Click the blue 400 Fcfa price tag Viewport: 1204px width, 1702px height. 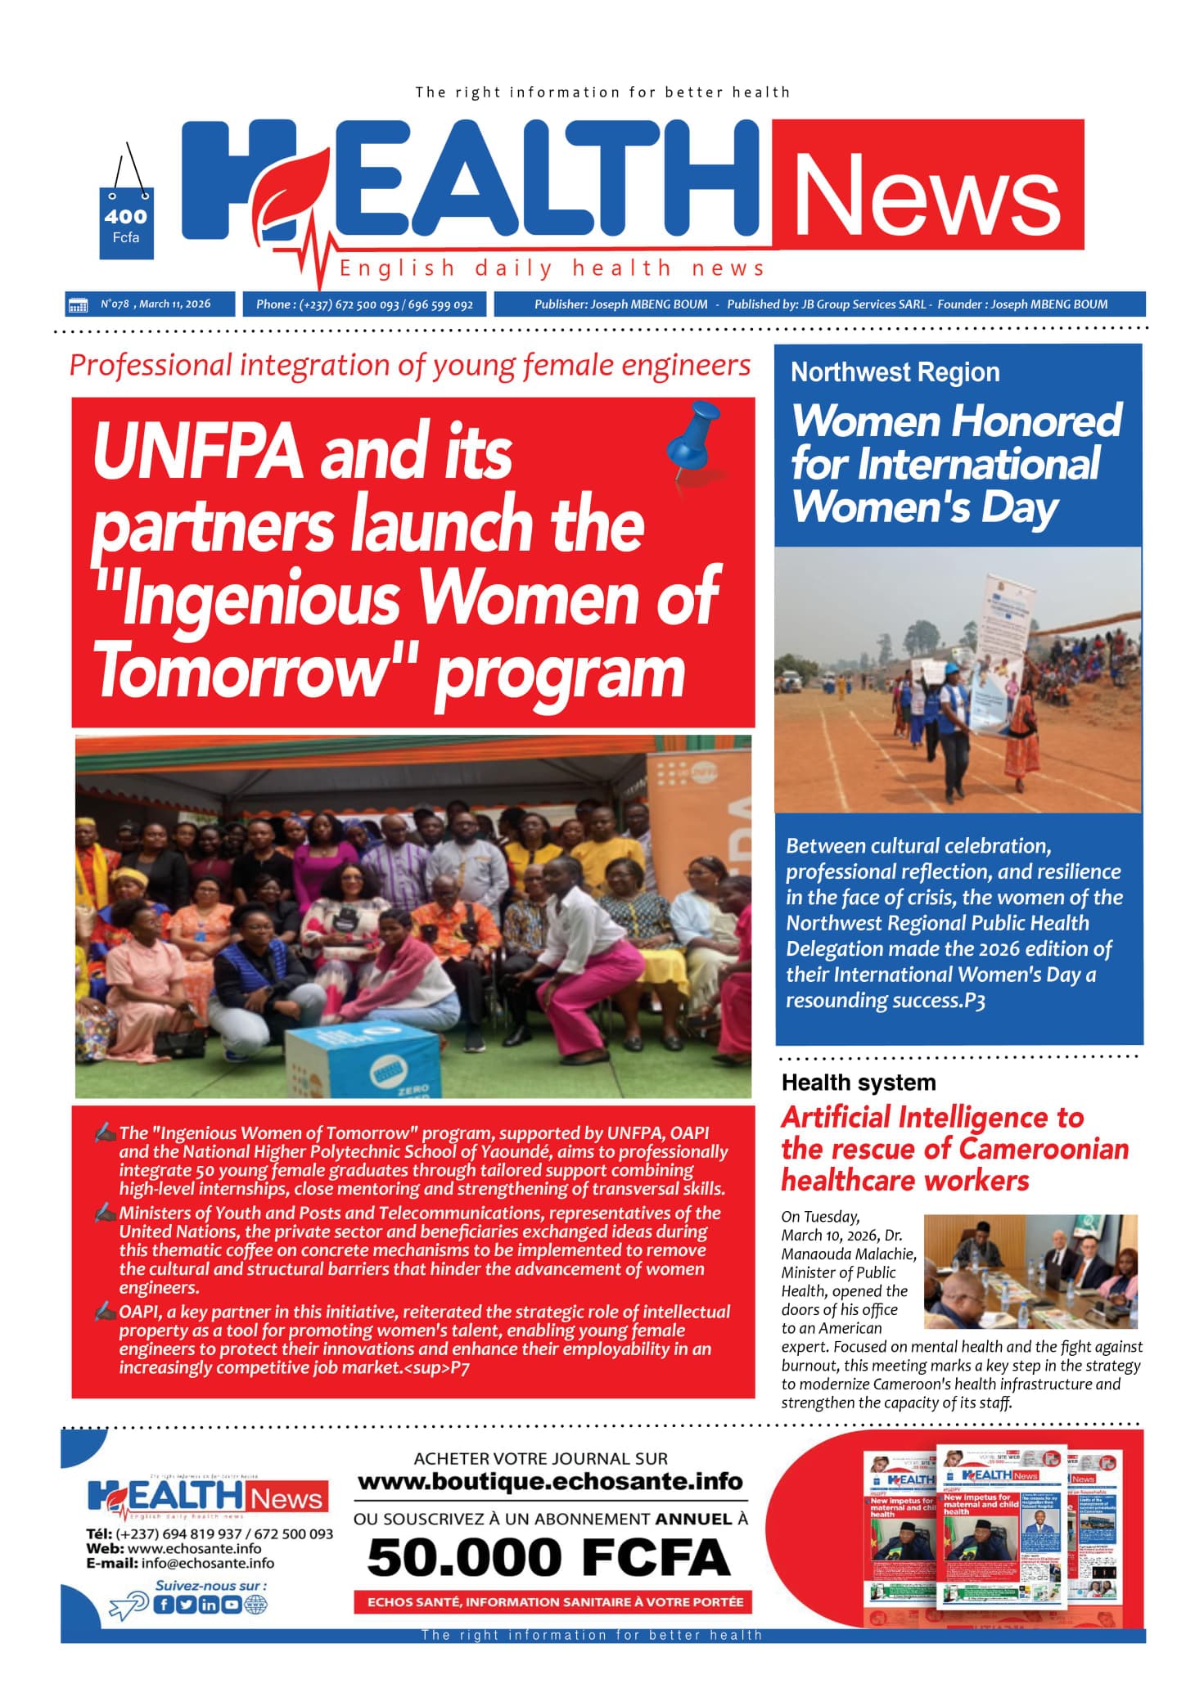coord(126,223)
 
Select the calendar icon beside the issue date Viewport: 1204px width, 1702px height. coord(78,305)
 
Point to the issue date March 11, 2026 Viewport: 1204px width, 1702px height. coord(174,304)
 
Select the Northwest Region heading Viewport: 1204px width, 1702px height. coord(895,372)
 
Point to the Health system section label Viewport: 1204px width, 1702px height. coord(858,1083)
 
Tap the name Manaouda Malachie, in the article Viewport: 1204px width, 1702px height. coord(849,1254)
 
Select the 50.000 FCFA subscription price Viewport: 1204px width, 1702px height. coord(548,1557)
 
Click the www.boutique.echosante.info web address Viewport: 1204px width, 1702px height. coord(550,1482)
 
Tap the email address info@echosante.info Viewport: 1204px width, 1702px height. coord(207,1563)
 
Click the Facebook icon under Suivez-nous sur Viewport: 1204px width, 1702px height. coord(165,1605)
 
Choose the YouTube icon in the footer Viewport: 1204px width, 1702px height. coord(232,1605)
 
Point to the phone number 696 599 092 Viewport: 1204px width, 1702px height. coord(440,305)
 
